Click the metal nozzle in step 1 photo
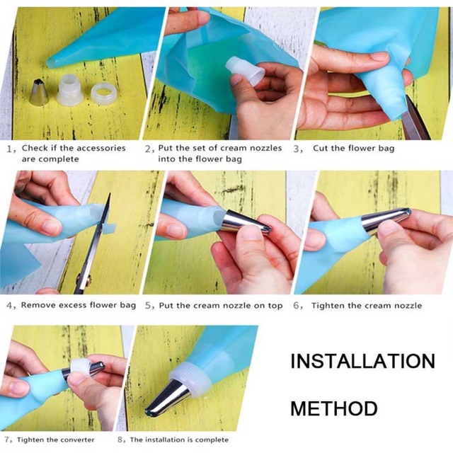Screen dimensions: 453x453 pos(40,93)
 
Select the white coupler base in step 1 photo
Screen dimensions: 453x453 pos(70,90)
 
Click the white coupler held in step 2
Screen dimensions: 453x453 pos(246,69)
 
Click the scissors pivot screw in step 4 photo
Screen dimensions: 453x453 pos(88,279)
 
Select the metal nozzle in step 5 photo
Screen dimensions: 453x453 pos(245,222)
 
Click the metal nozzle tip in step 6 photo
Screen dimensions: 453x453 pos(408,212)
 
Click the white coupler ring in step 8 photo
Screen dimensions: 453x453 pos(190,378)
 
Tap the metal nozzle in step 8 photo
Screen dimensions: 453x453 pos(167,398)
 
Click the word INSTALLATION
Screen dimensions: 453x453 pos(362,361)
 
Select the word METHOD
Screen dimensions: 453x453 pos(334,408)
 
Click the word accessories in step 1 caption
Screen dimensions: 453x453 pos(101,148)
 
